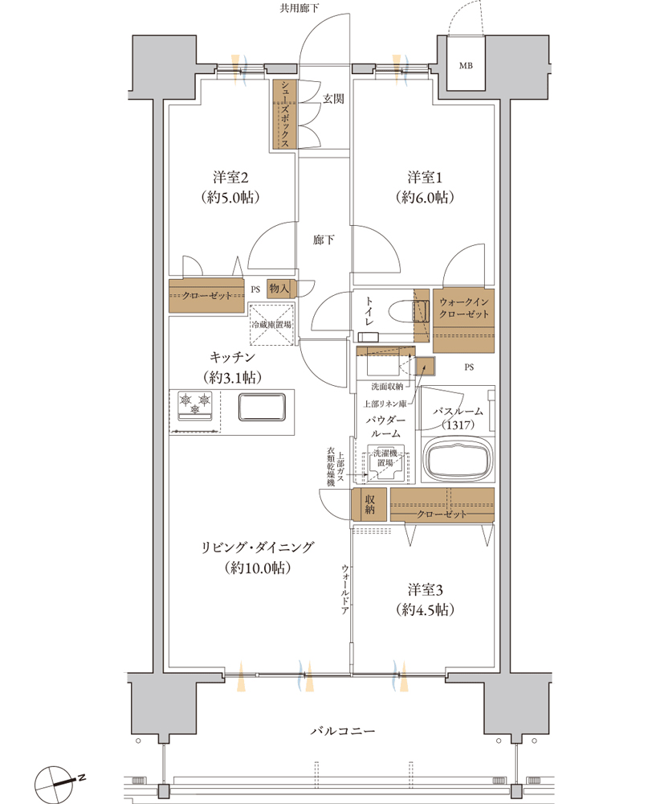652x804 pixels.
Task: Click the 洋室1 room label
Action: coord(425,178)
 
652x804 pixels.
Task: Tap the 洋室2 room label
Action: coord(230,178)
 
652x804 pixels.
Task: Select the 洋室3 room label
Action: coord(425,589)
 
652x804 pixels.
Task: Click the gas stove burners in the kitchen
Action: coord(194,402)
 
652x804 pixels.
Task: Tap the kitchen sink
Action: coord(262,407)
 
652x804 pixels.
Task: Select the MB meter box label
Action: coord(466,66)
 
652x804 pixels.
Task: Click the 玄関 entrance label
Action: coord(333,99)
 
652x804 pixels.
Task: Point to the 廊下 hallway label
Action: coord(324,240)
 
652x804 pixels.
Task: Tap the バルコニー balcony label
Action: coord(343,731)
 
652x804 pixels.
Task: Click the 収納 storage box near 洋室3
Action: coord(369,504)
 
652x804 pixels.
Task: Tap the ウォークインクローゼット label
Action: coord(463,308)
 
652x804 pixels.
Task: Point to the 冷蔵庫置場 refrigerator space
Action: coord(271,324)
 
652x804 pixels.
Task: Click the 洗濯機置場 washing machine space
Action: coord(385,463)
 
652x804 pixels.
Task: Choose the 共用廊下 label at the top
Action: coord(300,8)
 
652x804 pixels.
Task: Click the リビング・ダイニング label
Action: coord(258,547)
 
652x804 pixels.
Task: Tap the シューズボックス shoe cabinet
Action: coord(285,114)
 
